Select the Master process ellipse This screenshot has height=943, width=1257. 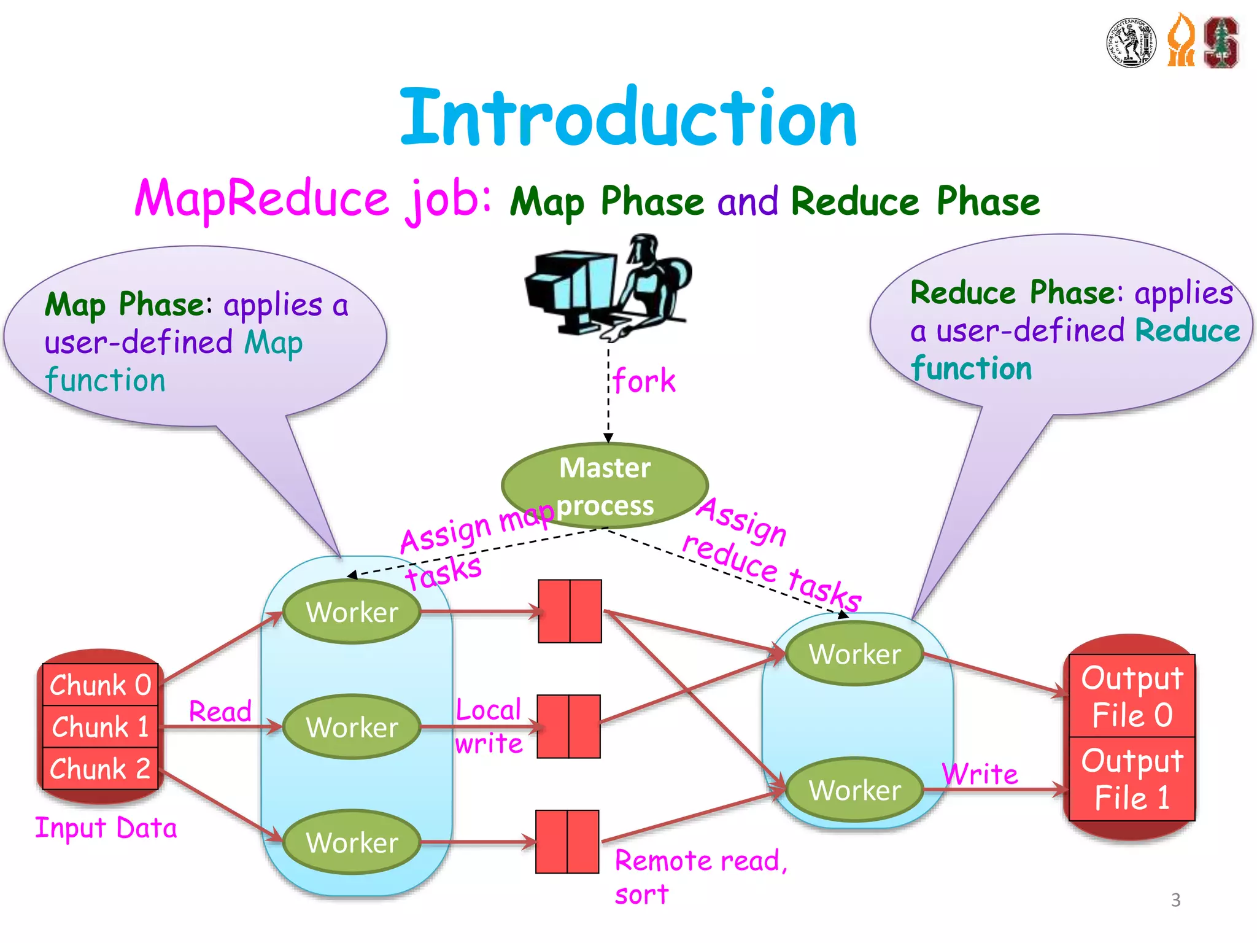click(x=605, y=486)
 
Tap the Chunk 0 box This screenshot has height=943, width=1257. click(x=100, y=685)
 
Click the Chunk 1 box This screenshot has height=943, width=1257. click(x=100, y=727)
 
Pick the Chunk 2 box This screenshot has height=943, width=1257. click(x=100, y=769)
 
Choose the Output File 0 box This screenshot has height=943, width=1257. click(x=1132, y=696)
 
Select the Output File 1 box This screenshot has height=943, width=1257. click(x=1132, y=778)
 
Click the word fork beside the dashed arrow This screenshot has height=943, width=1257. click(x=644, y=381)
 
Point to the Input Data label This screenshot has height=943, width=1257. click(x=106, y=828)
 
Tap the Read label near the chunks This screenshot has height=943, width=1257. click(x=220, y=712)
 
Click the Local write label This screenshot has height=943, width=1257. click(x=489, y=727)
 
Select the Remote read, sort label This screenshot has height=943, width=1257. click(x=700, y=877)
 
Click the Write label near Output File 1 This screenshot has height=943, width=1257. click(x=980, y=774)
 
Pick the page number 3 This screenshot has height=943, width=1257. click(x=1175, y=900)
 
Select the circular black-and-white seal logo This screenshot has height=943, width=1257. click(x=1132, y=42)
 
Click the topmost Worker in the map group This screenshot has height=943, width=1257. click(x=352, y=612)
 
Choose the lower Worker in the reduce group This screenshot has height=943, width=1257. click(x=854, y=790)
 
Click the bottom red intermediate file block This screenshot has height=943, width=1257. click(x=567, y=842)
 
